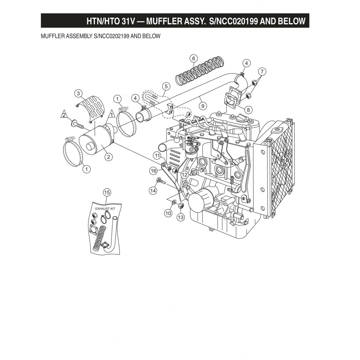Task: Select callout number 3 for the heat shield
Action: click(x=78, y=94)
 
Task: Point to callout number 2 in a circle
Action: click(x=108, y=156)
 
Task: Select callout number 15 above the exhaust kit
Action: click(x=107, y=192)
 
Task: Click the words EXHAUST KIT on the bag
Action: click(x=105, y=208)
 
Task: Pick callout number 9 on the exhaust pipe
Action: click(x=203, y=106)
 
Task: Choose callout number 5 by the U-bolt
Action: click(x=165, y=86)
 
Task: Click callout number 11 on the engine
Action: click(x=157, y=155)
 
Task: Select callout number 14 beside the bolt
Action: click(x=153, y=190)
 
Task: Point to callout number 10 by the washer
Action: click(x=168, y=213)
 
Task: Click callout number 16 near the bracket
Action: click(x=153, y=171)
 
